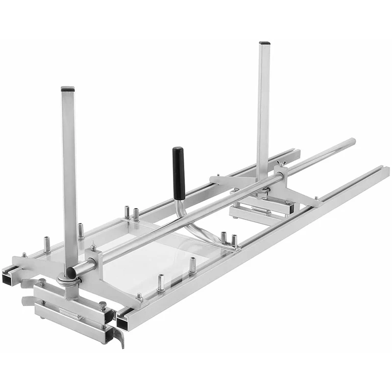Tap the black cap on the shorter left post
click(x=68, y=90)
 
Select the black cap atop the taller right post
click(x=265, y=44)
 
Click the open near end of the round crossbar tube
click(x=72, y=270)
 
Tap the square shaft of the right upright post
click(x=263, y=113)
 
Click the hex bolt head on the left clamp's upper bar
click(x=102, y=306)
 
